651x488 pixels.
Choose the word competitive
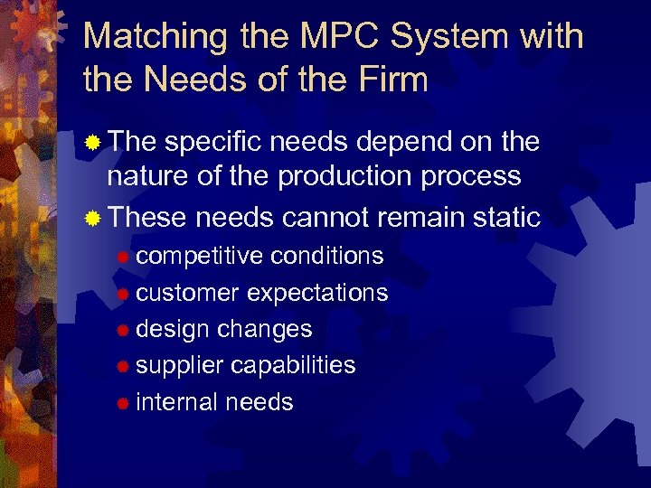pos(193,257)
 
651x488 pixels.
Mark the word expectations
pos(317,293)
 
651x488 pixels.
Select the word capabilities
pos(293,365)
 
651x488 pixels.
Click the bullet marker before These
pos(91,219)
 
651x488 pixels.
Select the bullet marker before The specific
pos(91,143)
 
